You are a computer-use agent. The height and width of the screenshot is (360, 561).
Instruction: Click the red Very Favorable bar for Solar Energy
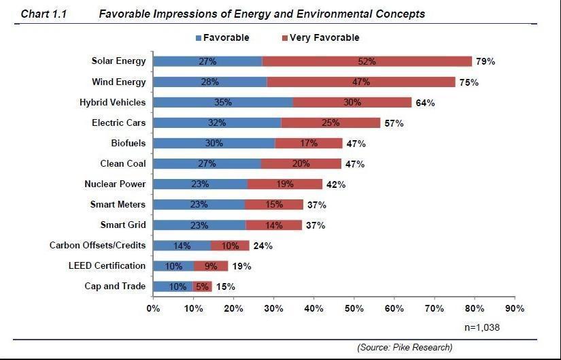(367, 61)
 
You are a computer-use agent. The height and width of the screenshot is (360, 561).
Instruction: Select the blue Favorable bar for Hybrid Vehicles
(222, 102)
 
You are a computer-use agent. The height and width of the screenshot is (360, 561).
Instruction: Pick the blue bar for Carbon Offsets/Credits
(182, 246)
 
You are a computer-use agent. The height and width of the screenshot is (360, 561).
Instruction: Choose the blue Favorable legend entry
(222, 37)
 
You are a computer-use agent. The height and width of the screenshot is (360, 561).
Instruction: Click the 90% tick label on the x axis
(515, 308)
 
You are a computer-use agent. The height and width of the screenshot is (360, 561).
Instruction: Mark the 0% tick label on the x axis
(153, 308)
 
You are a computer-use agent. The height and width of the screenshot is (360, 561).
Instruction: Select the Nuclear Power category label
(115, 184)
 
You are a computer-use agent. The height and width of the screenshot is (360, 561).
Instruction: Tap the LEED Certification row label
(107, 265)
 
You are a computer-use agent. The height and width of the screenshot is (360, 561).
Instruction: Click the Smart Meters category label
(118, 204)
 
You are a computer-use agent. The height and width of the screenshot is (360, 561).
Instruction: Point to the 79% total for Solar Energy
(485, 61)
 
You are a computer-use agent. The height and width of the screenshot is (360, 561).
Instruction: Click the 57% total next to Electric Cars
(394, 123)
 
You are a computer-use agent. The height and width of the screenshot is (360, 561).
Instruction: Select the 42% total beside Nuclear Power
(335, 184)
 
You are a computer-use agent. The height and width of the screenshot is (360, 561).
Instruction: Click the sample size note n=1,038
(482, 327)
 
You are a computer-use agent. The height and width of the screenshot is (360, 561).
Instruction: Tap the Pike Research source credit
(405, 347)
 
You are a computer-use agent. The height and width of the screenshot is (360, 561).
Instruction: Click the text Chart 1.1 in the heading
(45, 14)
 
